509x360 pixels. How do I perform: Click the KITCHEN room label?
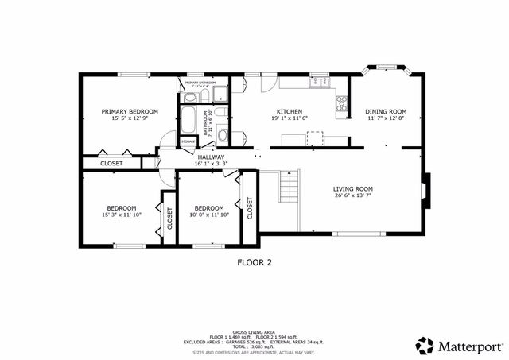pyautogui.click(x=288, y=111)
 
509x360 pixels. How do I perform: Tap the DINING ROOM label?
pyautogui.click(x=386, y=111)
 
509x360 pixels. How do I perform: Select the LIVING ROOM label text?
pyautogui.click(x=352, y=188)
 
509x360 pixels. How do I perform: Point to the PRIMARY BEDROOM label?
pyautogui.click(x=129, y=111)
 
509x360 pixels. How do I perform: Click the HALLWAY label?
pyautogui.click(x=211, y=157)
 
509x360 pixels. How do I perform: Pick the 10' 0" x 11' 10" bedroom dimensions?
pyautogui.click(x=208, y=215)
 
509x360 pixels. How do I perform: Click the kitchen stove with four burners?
pyautogui.click(x=342, y=103)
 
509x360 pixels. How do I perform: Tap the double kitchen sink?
pyautogui.click(x=319, y=81)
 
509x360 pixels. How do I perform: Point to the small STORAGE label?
pyautogui.click(x=188, y=141)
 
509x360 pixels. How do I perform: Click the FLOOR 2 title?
pyautogui.click(x=254, y=261)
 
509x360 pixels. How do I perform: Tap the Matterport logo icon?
pyautogui.click(x=425, y=346)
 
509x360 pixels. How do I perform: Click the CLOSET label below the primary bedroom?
pyautogui.click(x=111, y=163)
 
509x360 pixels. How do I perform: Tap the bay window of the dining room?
pyautogui.click(x=386, y=70)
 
